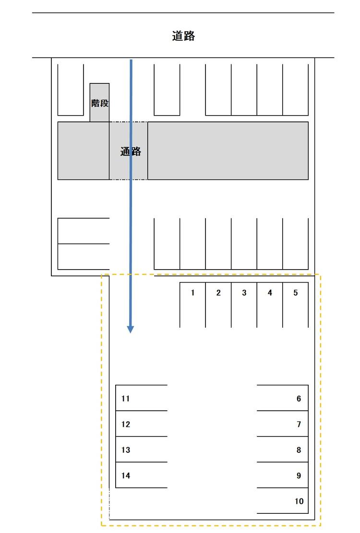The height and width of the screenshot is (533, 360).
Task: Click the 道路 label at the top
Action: click(183, 36)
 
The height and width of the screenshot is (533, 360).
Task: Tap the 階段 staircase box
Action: click(100, 102)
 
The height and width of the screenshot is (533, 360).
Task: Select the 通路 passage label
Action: click(131, 151)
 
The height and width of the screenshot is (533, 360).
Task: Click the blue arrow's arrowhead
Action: click(131, 330)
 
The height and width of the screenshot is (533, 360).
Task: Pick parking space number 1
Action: click(193, 305)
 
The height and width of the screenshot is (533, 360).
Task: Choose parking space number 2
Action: click(218, 305)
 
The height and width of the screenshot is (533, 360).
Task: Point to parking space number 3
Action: click(244, 305)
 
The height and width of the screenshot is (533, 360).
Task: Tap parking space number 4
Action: click(270, 305)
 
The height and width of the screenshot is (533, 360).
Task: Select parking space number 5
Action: click(295, 305)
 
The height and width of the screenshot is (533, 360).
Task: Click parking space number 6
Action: click(283, 398)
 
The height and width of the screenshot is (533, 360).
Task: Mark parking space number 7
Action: click(283, 424)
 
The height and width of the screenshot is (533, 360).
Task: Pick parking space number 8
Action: click(283, 449)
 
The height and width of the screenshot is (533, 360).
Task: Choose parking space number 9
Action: click(283, 475)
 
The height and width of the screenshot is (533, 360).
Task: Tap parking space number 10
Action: click(283, 500)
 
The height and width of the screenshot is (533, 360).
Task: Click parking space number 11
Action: click(142, 398)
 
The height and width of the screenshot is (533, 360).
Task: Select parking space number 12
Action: click(142, 424)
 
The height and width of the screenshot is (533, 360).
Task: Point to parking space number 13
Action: click(142, 449)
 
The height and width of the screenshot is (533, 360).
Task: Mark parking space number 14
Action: click(142, 475)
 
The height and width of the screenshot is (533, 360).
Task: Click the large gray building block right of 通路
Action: click(228, 151)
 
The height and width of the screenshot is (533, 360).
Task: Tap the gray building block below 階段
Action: click(84, 151)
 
